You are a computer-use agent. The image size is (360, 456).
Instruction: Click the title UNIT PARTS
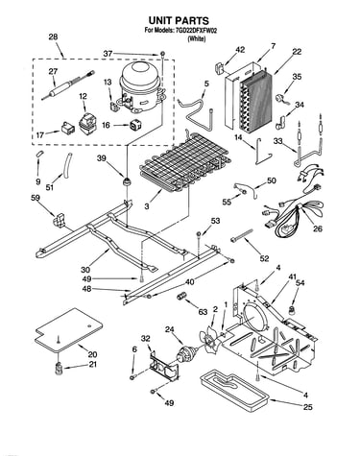179,20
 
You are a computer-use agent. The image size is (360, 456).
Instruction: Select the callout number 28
53,36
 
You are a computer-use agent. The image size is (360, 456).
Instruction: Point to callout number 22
297,52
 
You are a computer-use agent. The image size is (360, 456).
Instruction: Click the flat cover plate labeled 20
69,329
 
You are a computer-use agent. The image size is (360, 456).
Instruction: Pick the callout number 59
36,198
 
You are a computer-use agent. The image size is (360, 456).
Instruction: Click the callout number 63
203,312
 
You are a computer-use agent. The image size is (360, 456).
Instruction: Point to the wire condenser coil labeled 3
184,161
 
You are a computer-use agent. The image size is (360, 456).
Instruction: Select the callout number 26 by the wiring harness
318,228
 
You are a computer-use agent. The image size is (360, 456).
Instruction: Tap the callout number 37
108,54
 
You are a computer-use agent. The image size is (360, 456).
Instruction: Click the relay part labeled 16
134,125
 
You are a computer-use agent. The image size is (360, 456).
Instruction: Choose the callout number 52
264,258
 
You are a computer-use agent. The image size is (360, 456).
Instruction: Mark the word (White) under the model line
196,38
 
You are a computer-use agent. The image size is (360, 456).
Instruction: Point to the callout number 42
240,50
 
